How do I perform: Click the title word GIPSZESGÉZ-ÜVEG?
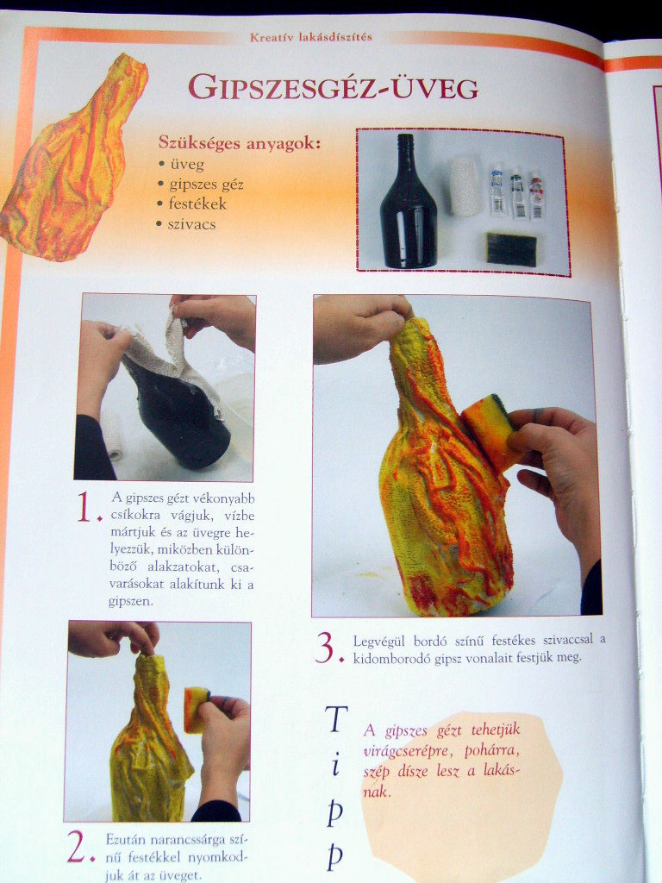(x=333, y=87)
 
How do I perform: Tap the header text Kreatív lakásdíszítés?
(x=310, y=37)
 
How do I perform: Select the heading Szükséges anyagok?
(x=240, y=142)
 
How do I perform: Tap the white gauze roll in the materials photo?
(x=465, y=186)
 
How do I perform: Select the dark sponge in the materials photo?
(x=511, y=249)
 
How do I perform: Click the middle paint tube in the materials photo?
(x=518, y=196)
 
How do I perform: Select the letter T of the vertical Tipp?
(x=336, y=719)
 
